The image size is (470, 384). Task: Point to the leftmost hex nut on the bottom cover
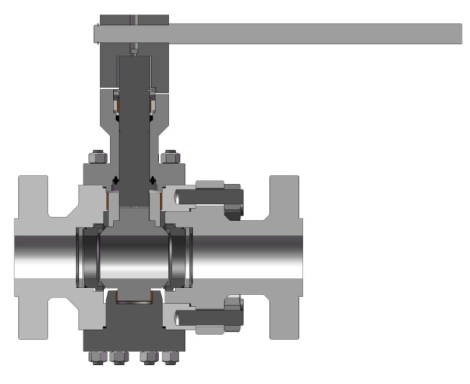coord(98,357)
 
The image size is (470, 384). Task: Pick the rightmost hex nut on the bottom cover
coord(168,357)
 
